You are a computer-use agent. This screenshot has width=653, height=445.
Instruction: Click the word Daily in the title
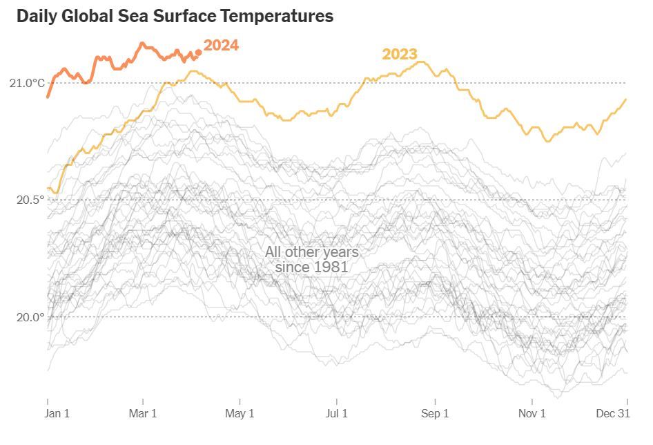(x=37, y=16)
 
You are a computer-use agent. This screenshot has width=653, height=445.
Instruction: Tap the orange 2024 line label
(x=221, y=46)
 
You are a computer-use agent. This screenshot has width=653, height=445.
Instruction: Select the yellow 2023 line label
(x=400, y=54)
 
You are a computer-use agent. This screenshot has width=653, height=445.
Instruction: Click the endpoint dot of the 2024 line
(x=199, y=52)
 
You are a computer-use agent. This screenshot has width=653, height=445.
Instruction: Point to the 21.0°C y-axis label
(x=27, y=83)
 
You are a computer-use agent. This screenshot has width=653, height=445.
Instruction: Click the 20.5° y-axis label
(x=30, y=200)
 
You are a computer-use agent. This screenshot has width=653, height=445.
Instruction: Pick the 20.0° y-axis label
(x=30, y=317)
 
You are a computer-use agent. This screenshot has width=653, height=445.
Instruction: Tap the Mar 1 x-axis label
(x=143, y=414)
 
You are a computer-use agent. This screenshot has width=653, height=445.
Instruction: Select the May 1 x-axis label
(x=240, y=414)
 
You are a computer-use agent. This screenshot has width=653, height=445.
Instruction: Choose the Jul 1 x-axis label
(x=337, y=414)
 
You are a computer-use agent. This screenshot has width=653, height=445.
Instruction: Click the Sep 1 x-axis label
(x=435, y=414)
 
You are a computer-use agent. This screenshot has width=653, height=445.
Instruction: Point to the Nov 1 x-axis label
(x=532, y=414)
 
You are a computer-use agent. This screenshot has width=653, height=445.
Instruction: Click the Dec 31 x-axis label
(x=613, y=414)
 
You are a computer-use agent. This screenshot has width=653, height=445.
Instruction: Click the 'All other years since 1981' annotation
(x=311, y=259)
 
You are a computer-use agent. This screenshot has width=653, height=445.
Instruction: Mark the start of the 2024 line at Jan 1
(x=48, y=96)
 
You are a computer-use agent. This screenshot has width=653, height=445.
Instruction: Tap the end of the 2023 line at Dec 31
(x=626, y=99)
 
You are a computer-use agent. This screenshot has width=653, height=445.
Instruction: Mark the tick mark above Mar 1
(x=143, y=401)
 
